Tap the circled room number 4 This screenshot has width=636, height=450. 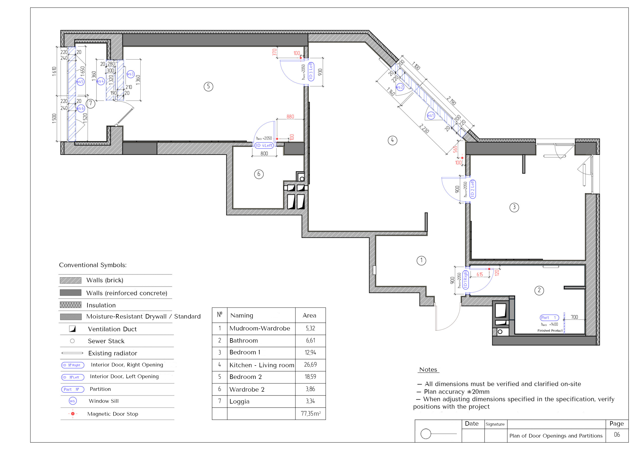coord(392,140)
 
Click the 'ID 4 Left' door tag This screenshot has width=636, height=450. coord(264,145)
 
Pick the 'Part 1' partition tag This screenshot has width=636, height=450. coord(549,318)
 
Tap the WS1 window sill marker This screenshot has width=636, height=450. coord(431,116)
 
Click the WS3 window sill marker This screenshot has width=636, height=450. coord(130,74)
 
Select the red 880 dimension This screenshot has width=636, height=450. coord(290,117)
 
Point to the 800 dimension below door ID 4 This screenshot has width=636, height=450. coord(264,154)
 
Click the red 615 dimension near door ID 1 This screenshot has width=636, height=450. coord(480,274)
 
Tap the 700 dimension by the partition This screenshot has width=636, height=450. coord(574,317)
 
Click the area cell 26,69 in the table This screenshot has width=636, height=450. coord(310,365)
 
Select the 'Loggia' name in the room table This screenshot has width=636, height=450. coord(239,402)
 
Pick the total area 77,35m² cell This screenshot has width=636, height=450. coord(311,413)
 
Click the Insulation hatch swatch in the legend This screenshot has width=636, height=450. coord(71,305)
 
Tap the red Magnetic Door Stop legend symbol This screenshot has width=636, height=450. coord(73,414)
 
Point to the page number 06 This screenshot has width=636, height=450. coord(617,435)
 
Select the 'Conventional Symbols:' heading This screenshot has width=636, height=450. coord(93,265)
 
